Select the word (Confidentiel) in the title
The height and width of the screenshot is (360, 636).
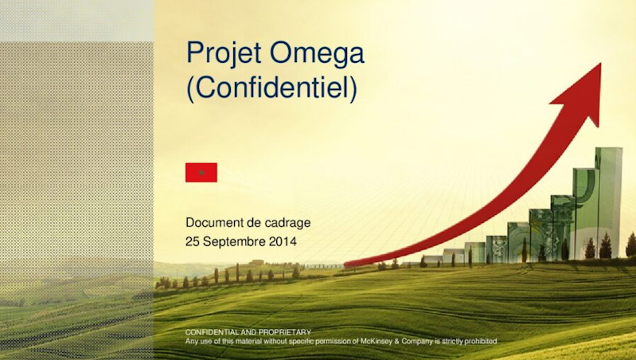[x=271, y=87]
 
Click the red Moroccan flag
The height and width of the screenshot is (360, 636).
[x=201, y=172]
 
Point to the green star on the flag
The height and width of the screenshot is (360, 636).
[x=201, y=172]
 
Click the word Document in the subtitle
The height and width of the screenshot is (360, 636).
[x=214, y=223]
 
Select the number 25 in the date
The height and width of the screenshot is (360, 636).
[x=193, y=240]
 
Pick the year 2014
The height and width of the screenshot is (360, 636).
[x=283, y=240]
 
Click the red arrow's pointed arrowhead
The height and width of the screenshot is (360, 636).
[x=585, y=88]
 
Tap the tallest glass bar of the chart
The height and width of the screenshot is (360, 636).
[x=609, y=199]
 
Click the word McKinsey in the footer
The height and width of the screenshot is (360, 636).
[x=371, y=341]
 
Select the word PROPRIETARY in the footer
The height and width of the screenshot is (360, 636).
[x=284, y=331]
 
